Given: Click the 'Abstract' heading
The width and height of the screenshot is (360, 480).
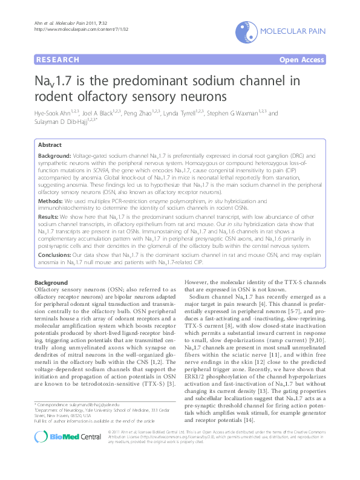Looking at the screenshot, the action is (x=50, y=145).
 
